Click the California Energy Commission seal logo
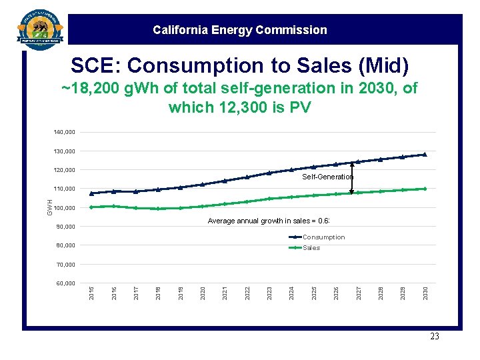41,31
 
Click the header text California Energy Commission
239,30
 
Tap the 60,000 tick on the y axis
66,283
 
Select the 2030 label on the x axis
425,293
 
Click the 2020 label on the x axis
203,293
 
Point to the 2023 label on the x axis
269,293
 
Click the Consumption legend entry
323,237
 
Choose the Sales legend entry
311,248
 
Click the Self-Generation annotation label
327,177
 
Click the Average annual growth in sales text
269,221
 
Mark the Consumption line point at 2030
425,154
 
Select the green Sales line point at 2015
91,207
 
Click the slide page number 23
435,337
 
